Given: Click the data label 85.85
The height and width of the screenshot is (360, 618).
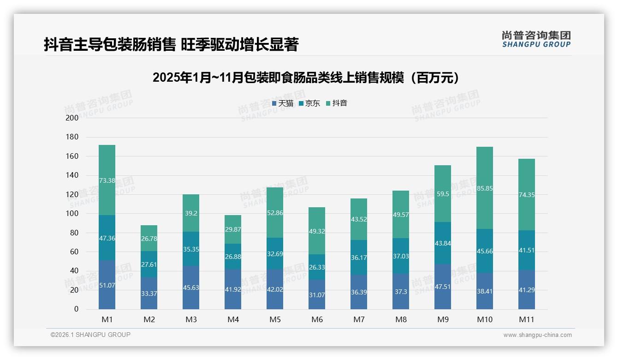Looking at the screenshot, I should click(484, 188).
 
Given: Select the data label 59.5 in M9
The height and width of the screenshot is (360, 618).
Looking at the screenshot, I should click(442, 194).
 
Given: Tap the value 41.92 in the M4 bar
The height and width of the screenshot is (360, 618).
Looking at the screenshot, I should click(233, 289).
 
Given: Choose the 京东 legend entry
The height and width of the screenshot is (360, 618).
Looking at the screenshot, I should click(309, 103).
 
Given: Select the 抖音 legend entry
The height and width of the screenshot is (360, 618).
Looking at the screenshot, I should click(337, 103).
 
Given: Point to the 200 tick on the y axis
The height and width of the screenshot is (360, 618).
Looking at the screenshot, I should click(72, 118).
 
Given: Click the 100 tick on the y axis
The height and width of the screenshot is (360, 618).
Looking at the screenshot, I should click(72, 214).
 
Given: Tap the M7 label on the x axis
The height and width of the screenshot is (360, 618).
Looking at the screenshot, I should click(359, 319).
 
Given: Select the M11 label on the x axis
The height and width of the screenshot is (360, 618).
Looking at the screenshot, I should click(526, 319).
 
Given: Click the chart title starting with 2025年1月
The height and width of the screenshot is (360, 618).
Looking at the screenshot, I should click(306, 78).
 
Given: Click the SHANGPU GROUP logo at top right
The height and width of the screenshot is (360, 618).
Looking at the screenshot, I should click(536, 39).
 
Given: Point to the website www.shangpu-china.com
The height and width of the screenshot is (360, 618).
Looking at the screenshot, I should click(537, 335).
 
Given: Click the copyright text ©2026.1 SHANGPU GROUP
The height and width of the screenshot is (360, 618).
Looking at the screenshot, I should click(90, 335).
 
